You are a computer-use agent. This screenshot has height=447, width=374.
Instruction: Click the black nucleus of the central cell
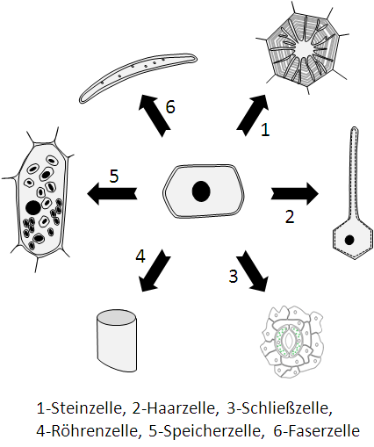pos(201,191)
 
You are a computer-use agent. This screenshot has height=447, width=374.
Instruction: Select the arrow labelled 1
pos(253,115)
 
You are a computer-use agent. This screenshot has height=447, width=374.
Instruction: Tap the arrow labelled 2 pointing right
pos(295,193)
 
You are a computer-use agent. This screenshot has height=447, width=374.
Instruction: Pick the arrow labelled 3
pos(253,270)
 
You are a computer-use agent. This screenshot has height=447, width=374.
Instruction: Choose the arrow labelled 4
pos(155,270)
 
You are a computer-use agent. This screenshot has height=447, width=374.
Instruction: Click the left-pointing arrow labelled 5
pos(111,193)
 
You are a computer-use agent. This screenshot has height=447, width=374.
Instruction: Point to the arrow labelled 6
pos(155,116)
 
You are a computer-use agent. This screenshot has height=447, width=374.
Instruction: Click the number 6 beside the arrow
pos(170,106)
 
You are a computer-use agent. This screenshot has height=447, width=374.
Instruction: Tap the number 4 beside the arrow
pos(140,256)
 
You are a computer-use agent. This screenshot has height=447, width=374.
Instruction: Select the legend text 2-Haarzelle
pos(176,408)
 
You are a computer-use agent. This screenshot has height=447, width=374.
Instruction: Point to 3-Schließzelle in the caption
pos(280,408)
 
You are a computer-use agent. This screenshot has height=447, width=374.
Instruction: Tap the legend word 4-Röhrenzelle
pos(87,430)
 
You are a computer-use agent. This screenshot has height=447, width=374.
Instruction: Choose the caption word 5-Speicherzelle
pos(205,430)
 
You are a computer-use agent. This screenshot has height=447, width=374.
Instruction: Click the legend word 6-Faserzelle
pos(317,430)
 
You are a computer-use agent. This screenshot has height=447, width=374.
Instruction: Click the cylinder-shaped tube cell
pos(117,340)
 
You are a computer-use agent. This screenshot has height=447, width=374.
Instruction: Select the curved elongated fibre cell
pos(138,77)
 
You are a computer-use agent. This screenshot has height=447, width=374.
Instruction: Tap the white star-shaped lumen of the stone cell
pos(304,48)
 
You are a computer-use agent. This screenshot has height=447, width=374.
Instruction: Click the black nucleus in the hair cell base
pos(349,240)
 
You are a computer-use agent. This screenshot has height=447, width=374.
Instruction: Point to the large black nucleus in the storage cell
pos(33,208)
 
